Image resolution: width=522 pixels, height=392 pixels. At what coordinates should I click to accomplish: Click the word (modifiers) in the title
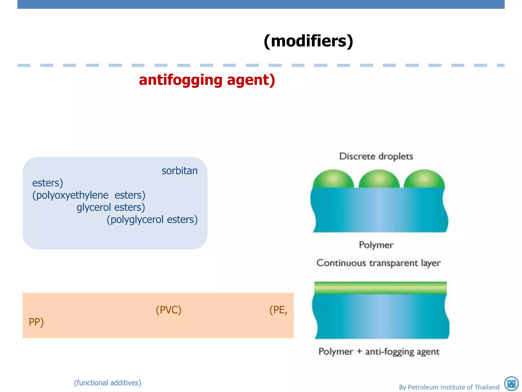pos(308,41)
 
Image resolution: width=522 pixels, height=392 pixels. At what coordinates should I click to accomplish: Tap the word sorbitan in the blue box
pos(179,171)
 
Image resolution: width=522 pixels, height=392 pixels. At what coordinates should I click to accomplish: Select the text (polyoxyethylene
pos(70,195)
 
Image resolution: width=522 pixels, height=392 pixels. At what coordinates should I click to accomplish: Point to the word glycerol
pos(94,207)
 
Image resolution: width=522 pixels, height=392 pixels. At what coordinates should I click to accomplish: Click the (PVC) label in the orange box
pos(168,310)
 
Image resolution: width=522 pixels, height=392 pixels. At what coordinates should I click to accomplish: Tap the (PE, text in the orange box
pos(278,310)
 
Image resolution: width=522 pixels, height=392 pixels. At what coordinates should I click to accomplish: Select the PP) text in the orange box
pos(36,322)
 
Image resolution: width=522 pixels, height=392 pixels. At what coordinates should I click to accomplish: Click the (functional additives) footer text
pos(108,383)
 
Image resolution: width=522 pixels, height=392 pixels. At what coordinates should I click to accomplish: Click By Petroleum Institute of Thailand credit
pos(449,387)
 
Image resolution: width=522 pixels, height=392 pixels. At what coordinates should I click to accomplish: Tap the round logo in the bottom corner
pos(511,384)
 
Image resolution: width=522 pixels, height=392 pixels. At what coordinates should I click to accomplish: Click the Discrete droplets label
pos(376,156)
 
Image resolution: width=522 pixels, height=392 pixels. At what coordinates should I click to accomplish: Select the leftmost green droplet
pos(333,179)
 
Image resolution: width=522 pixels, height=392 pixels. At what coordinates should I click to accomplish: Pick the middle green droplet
pos(379,179)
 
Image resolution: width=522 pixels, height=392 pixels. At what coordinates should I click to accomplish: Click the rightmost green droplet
pos(424,179)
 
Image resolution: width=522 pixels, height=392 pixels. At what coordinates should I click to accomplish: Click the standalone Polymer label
pos(376,245)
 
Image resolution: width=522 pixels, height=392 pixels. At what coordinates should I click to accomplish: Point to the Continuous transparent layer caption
pos(379,263)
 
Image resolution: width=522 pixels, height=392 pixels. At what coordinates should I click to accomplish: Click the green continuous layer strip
pos(380,288)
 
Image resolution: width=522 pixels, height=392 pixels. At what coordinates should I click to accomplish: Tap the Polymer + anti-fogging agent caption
pos(379,352)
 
